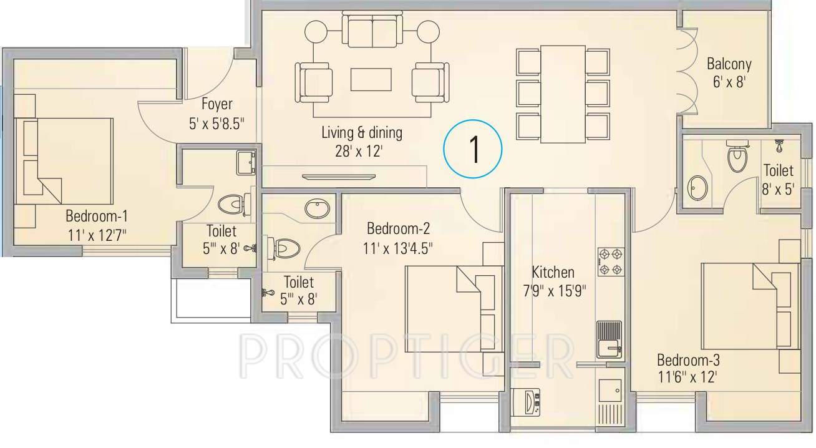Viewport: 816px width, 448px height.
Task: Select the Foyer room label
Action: [216, 104]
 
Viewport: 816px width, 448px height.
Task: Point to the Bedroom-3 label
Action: [688, 360]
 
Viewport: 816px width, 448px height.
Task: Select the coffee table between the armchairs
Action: [371, 80]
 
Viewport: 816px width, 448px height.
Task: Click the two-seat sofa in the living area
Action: [372, 32]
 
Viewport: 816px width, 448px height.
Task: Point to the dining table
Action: [563, 94]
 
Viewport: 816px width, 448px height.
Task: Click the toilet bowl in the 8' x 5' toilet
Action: [737, 157]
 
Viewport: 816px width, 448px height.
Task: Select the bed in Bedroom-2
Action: [454, 309]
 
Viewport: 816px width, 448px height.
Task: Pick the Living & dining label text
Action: [362, 133]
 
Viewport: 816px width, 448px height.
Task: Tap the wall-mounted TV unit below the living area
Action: [339, 177]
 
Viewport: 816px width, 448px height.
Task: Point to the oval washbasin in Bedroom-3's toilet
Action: [698, 187]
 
